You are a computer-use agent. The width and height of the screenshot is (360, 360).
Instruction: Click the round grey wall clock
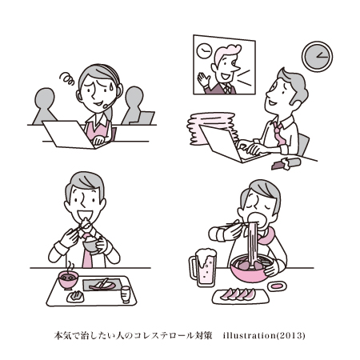pos(317,57)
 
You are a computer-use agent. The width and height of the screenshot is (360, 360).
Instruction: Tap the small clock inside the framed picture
pos(204,50)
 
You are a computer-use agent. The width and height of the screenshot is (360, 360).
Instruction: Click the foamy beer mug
pos(203,267)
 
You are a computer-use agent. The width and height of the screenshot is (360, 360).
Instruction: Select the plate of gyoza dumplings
pos(241,296)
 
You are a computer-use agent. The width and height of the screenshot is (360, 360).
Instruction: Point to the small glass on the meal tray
pos(126,294)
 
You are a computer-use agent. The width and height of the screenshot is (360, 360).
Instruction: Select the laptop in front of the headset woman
pos(69,134)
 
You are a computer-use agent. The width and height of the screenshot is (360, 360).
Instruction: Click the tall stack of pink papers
pos(210,128)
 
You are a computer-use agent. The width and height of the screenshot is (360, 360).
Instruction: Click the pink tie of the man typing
pos(279,134)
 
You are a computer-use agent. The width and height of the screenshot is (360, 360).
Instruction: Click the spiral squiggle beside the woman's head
pos(67,78)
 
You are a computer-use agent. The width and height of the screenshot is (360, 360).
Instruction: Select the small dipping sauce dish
pos(277,286)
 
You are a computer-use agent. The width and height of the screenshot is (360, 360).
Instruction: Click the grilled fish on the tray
pos(102,285)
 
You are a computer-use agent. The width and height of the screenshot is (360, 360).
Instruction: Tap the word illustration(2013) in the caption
pos(264,335)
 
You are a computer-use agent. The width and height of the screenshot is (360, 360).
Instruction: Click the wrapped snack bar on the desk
pos(286,163)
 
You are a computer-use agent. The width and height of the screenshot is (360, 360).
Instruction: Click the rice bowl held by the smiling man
pos(90,244)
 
